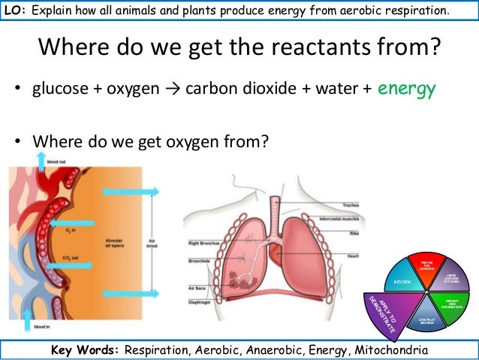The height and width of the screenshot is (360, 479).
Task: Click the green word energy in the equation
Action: coord(407,89)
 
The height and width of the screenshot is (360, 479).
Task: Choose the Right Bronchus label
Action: coord(203,243)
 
